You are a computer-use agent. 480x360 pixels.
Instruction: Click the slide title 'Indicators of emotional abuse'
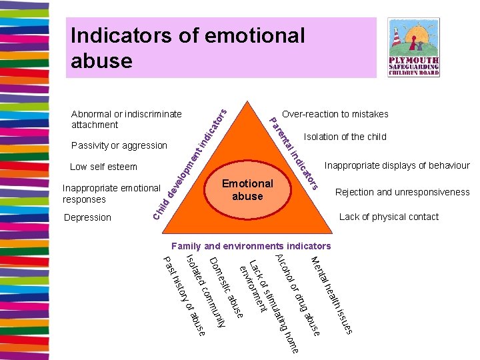[x=187, y=47]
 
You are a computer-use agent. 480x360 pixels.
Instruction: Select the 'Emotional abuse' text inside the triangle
[x=247, y=189]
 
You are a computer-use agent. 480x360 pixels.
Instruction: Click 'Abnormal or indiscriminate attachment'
[x=126, y=119]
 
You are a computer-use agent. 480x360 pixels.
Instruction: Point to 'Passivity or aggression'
[x=119, y=145]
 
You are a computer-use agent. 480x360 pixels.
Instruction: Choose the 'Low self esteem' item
[x=103, y=167]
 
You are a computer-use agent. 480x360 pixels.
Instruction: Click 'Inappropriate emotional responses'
[x=111, y=193]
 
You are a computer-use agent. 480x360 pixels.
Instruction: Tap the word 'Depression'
[x=87, y=217]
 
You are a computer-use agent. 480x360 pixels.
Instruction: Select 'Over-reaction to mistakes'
[x=335, y=114]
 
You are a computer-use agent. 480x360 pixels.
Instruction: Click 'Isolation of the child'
[x=345, y=137]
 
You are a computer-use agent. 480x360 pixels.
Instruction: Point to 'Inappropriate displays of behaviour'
[x=397, y=165]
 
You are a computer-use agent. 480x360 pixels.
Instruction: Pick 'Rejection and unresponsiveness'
[x=402, y=192]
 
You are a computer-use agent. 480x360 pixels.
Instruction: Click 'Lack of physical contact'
[x=389, y=217]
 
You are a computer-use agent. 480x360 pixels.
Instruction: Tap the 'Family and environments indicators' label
[x=242, y=246]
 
